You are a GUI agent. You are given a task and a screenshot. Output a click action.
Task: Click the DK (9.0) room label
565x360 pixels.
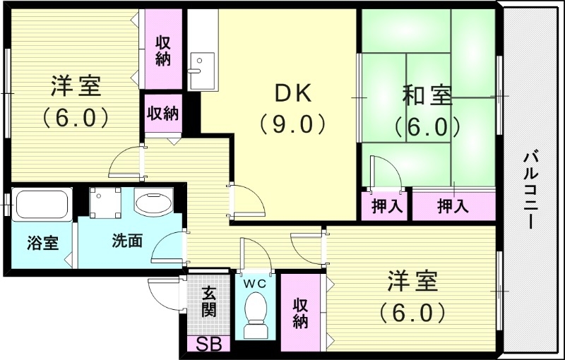[292, 107]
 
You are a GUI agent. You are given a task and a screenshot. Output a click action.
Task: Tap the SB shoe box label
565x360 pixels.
[208, 345]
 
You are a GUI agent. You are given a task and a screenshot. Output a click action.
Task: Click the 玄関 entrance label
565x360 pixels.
[208, 301]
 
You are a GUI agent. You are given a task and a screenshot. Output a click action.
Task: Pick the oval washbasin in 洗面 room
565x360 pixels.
[153, 205]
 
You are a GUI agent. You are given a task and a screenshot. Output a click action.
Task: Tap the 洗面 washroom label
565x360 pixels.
[128, 240]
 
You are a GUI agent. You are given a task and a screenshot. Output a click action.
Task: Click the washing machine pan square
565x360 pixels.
[107, 203]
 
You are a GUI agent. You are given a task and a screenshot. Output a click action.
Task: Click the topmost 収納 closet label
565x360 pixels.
[163, 50]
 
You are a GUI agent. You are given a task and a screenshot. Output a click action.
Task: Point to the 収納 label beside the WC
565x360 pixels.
[300, 313]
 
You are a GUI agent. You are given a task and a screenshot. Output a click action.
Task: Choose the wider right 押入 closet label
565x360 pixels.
[453, 207]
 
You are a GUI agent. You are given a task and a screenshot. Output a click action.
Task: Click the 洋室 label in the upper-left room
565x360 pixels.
[75, 87]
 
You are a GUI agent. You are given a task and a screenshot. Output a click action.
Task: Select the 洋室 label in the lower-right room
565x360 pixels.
[412, 282]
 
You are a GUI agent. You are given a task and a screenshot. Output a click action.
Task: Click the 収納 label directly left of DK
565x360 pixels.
[162, 112]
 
